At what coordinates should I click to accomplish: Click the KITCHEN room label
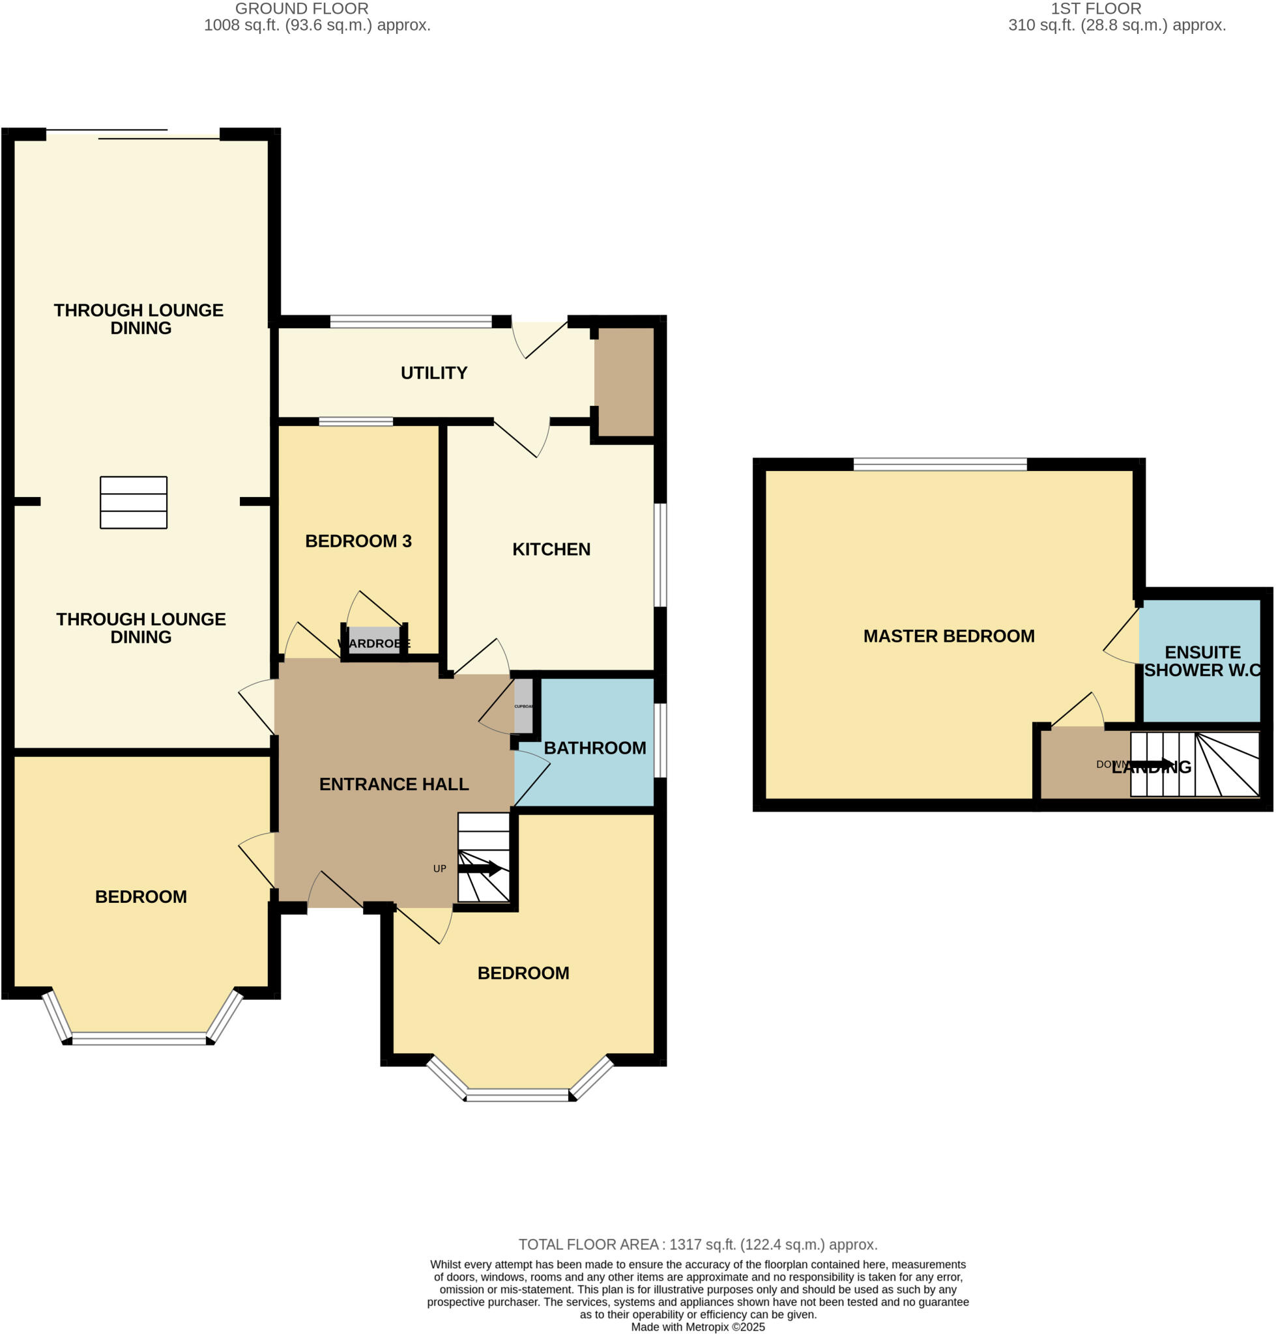coord(551,549)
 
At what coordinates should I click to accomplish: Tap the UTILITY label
coord(434,373)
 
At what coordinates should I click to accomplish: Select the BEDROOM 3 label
coord(358,541)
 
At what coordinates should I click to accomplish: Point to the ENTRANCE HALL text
coord(394,784)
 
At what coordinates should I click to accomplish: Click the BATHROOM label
coord(594,748)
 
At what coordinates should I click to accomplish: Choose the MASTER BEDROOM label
coord(949,636)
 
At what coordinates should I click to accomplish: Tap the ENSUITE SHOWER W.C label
coord(1202,661)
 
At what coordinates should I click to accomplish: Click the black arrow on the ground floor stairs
coord(480,868)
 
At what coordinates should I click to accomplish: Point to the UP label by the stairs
coord(439,869)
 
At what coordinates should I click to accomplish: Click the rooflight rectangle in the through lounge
coord(134,502)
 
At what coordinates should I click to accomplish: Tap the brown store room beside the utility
coord(624,382)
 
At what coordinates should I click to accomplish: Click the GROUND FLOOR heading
coord(301,9)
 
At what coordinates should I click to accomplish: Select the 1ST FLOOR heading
coord(1095,9)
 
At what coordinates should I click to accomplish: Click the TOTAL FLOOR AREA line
coord(698,1245)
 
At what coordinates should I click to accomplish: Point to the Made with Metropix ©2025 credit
coord(698,1327)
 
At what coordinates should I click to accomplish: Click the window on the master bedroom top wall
coord(939,465)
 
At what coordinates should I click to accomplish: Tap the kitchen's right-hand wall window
coord(659,555)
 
